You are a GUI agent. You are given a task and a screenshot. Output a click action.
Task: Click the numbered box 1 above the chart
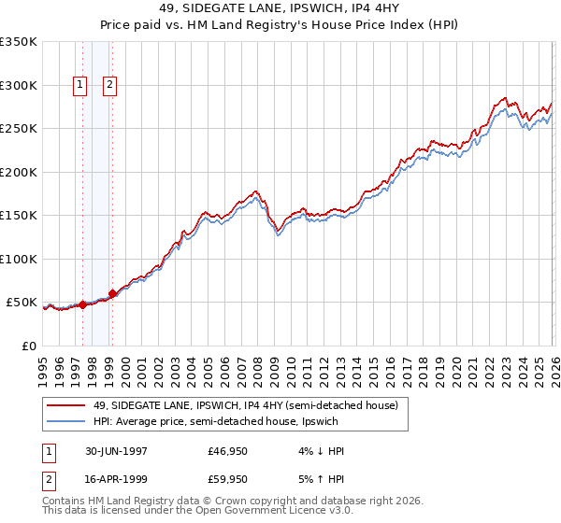[x=80, y=85]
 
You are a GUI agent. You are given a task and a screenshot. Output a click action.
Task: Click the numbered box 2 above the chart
[x=110, y=85]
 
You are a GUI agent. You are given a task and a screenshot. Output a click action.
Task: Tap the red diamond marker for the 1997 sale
[x=82, y=304]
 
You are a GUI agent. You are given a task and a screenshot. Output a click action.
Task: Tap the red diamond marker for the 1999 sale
[x=112, y=293]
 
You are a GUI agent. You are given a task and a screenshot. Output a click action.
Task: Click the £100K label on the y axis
[x=19, y=259]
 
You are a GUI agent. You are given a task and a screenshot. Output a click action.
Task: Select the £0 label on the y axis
[x=28, y=346]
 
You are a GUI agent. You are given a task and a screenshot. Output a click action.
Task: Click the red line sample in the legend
[x=66, y=405]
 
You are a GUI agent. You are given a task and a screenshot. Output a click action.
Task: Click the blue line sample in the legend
[x=66, y=421]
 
